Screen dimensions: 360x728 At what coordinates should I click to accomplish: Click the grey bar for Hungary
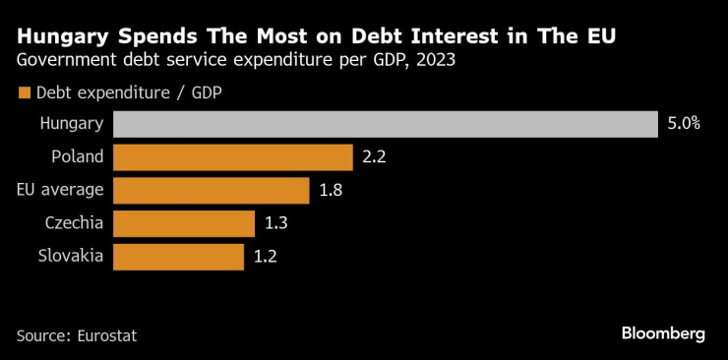[385, 124]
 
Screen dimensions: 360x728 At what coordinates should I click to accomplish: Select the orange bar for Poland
[232, 157]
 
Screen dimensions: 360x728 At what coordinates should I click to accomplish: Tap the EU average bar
[211, 191]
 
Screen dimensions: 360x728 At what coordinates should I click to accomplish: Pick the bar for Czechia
[184, 223]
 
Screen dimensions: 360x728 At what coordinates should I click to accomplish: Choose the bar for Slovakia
[178, 257]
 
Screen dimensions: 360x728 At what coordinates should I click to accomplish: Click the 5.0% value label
[683, 124]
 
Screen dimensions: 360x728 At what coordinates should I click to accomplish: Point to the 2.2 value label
[374, 157]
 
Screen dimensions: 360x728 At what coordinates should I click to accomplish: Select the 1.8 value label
[331, 191]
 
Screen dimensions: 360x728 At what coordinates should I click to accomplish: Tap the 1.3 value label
[276, 223]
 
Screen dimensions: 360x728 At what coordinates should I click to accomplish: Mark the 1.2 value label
[266, 257]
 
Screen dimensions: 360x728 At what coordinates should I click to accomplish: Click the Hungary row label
[71, 124]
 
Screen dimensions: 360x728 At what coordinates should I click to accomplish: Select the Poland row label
[77, 157]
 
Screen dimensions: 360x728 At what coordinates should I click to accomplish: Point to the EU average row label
[61, 191]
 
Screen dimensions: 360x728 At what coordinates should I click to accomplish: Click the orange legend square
[24, 94]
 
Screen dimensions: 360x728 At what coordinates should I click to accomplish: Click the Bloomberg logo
[663, 333]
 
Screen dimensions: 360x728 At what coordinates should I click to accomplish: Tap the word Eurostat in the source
[105, 335]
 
